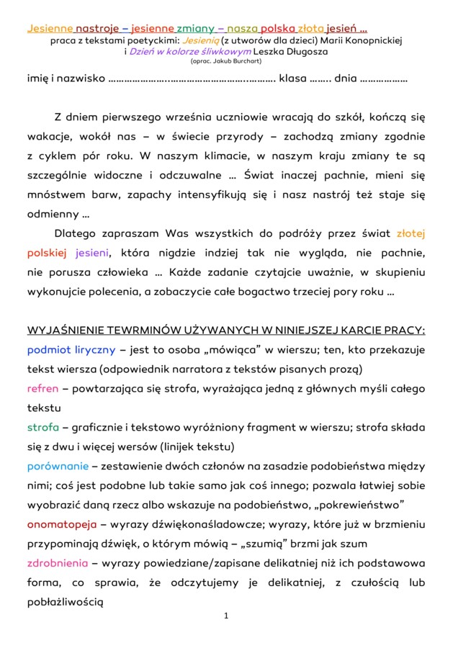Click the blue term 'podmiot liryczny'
pyautogui.click(x=71, y=350)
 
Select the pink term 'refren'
pyautogui.click(x=42, y=389)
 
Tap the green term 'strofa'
pyautogui.click(x=42, y=427)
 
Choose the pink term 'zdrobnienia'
pyautogui.click(x=58, y=562)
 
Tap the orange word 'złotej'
pyautogui.click(x=411, y=234)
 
